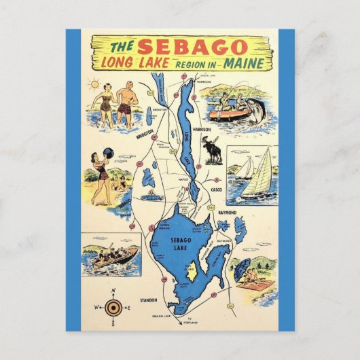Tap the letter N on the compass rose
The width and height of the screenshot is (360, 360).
coord(113,293)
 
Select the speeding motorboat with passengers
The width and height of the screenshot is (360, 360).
coord(112,256)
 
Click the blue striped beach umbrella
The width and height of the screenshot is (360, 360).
coord(244,268)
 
